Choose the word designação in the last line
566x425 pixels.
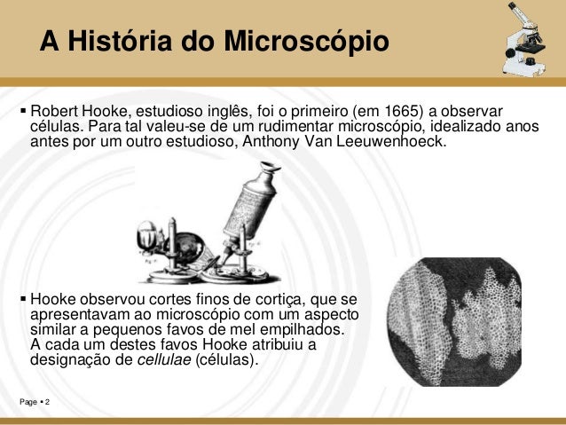pos(75,362)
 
